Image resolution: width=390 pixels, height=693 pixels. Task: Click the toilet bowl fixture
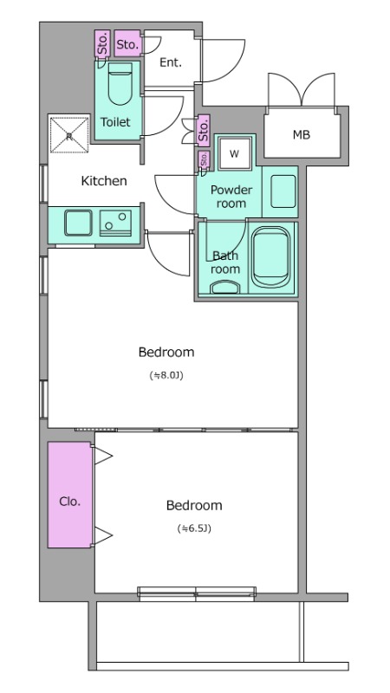pos(120,83)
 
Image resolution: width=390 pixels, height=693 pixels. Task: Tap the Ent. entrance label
pos(171,62)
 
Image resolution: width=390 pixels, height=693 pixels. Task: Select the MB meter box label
pos(302,135)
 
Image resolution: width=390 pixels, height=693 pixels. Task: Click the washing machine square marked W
pos(235,153)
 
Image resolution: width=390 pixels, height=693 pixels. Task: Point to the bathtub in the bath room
pos(270,256)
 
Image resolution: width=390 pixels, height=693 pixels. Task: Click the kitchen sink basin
pos(78,223)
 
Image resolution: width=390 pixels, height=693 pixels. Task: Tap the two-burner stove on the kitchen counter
pos(115,223)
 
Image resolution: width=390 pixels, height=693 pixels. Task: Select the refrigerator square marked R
pos(69,134)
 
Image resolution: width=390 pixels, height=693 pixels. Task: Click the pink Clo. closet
pos(69,495)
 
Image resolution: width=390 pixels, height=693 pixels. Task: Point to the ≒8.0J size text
pos(166,376)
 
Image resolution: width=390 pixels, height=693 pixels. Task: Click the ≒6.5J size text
pos(194,528)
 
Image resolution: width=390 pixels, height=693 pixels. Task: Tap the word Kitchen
pos(104,181)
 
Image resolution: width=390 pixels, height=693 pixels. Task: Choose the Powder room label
pos(231,197)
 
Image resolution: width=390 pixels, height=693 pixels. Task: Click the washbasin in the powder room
pos(283,191)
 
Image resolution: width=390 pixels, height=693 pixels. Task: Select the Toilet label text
pos(115,122)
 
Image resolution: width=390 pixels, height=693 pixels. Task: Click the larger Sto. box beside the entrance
pos(127,44)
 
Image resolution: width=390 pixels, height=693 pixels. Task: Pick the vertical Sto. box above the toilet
pos(102,44)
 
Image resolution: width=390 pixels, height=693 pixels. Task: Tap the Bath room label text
pos(225,262)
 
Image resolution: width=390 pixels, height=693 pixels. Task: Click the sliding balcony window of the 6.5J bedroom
pos(197,593)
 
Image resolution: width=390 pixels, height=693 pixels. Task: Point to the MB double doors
pos(302,90)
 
